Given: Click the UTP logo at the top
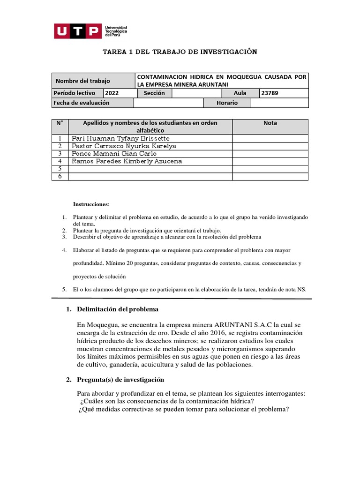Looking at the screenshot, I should click(77, 31).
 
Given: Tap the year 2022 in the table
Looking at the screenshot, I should click(112, 93).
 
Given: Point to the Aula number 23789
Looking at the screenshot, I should click(270, 93).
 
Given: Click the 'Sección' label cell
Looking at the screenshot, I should click(154, 93).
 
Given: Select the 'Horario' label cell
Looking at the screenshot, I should click(227, 103).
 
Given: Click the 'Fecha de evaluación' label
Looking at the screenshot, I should click(82, 103).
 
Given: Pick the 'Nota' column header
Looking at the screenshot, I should click(270, 123).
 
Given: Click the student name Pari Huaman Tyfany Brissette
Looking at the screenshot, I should click(120, 138).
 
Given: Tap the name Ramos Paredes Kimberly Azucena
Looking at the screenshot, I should click(127, 161).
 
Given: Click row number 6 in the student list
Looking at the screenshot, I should click(60, 176).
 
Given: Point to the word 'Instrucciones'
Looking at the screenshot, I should click(90, 204).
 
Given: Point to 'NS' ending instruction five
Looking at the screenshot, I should click(301, 290).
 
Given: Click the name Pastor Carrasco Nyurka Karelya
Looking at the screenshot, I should click(124, 146).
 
